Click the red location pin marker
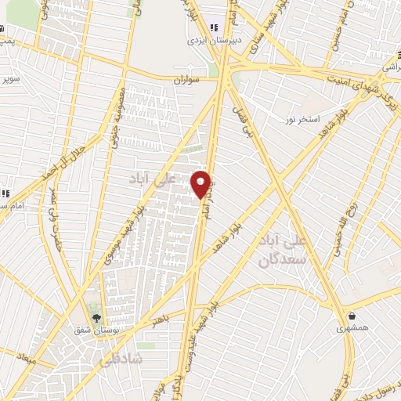point(201,184)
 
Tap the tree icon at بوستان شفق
point(96,318)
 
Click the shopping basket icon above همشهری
point(354,317)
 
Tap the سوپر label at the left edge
point(9,80)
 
